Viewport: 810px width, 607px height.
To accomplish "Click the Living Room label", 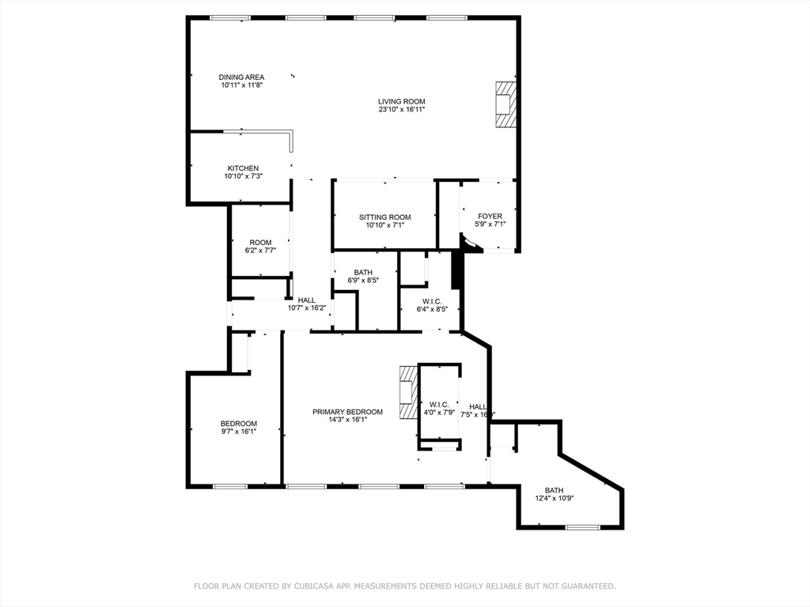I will pos(402,101).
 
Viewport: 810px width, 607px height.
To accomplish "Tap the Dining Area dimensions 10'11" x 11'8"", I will pos(241,85).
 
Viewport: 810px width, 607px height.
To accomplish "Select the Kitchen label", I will pos(243,168).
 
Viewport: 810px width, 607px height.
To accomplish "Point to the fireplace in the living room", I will pos(505,104).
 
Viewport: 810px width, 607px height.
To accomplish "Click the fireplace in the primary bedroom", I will pos(407,393).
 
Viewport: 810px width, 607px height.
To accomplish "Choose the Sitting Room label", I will pos(384,217).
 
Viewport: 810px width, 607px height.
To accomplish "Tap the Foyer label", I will pos(490,216).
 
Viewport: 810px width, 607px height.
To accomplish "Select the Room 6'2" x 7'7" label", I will pos(260,243).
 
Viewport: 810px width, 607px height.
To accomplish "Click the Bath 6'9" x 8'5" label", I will pos(363,273).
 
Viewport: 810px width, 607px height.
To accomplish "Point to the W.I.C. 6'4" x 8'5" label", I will pos(432,301).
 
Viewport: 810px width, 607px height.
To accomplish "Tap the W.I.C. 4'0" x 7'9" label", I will pos(439,405).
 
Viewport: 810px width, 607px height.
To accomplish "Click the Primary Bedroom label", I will pos(347,412).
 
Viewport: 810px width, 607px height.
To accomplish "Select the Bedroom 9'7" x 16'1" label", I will pos(238,424).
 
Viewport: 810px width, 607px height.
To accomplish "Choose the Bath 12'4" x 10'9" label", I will pos(554,490).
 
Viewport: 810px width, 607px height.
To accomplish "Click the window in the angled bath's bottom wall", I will pos(582,527).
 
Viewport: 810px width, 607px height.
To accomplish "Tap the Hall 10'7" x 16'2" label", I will pos(307,300).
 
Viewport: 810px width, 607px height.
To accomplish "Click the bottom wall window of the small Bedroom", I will pos(229,486).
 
